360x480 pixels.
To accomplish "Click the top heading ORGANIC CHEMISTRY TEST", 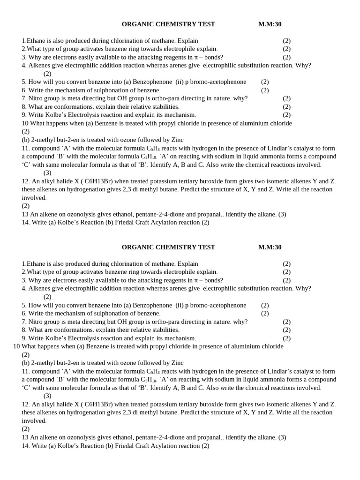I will tap(168, 24).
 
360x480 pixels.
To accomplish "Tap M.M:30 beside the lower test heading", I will tap(270, 247).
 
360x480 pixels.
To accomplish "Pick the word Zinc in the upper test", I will tap(177, 140).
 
